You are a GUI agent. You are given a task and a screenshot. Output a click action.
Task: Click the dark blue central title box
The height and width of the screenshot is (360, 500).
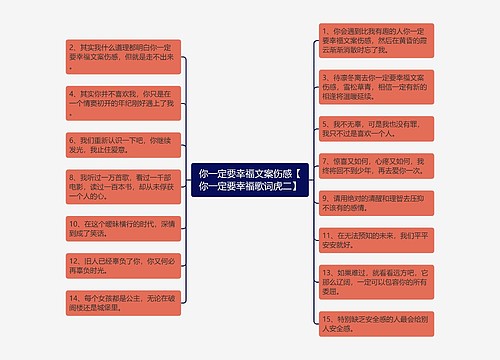click(x=250, y=180)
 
